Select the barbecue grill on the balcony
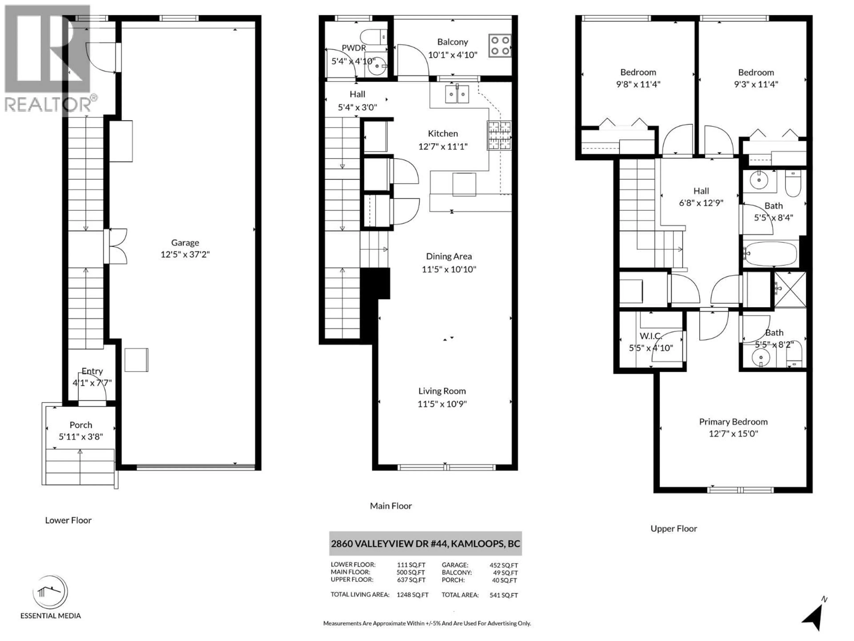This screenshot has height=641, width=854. coord(500,46)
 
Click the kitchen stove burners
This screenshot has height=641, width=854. coord(499,136)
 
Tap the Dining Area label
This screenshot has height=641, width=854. coord(449,256)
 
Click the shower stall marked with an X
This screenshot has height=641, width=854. coord(790,289)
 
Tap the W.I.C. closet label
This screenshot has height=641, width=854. coord(651,336)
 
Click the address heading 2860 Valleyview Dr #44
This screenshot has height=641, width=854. coord(425,543)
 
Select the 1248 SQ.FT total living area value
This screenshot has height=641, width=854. coord(412,595)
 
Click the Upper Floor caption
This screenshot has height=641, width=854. coord(673,529)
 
